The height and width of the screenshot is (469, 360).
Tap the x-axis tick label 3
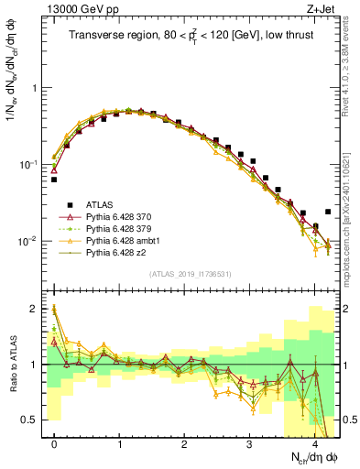(x=250, y=444)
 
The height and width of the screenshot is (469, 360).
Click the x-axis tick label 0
(x=55, y=444)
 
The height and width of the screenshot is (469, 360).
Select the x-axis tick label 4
(x=315, y=444)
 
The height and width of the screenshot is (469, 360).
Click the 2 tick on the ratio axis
(x=36, y=309)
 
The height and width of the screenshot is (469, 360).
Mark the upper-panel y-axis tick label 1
(x=36, y=88)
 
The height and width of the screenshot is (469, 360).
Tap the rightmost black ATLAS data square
(x=327, y=212)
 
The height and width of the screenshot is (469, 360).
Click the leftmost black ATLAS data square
(x=55, y=180)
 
